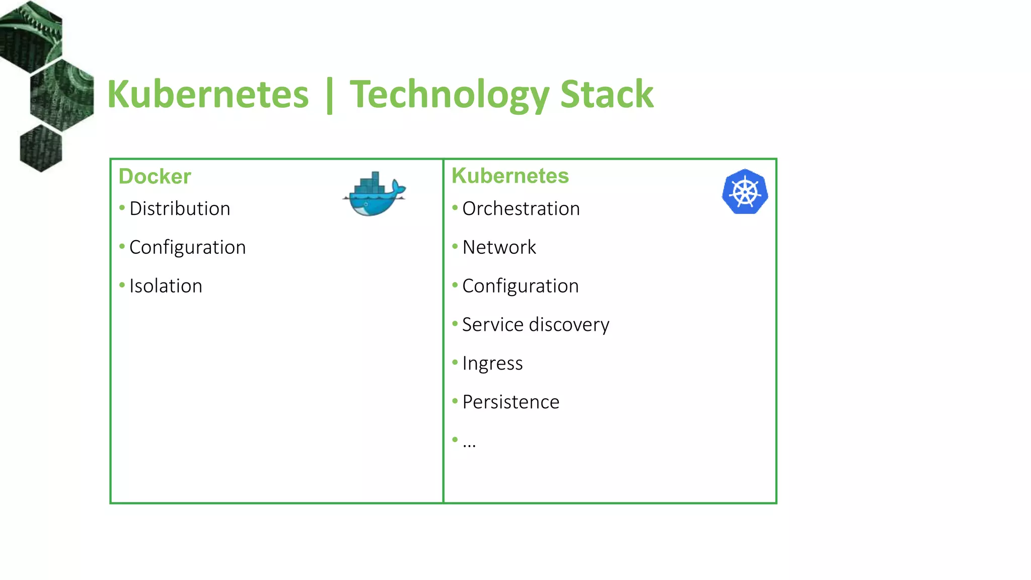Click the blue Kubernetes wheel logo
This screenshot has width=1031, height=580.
(x=745, y=192)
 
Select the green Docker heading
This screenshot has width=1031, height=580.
(x=155, y=177)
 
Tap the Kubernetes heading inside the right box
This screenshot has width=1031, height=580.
(x=510, y=176)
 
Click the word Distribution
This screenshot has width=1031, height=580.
(x=180, y=208)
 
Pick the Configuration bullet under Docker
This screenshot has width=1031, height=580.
(x=187, y=247)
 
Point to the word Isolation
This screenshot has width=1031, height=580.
(x=166, y=286)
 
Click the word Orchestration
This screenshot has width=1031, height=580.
(x=521, y=208)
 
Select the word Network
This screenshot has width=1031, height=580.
(x=499, y=247)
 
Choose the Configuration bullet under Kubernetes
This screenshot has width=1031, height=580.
(x=520, y=286)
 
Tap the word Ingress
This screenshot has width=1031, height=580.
(x=492, y=364)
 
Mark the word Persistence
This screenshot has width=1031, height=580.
(x=510, y=402)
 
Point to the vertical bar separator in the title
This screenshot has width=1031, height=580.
(x=330, y=96)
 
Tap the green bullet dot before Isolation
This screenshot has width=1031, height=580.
(x=122, y=285)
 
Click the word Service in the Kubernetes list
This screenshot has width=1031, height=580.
(x=493, y=325)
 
